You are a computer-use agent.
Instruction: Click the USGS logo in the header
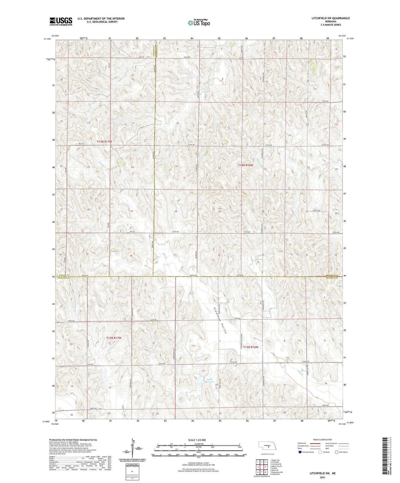point(61,21)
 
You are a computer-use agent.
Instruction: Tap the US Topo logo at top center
point(198,23)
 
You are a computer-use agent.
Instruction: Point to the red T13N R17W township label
point(105,142)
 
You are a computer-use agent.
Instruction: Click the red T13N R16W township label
point(246,165)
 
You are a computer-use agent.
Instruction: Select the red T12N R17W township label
point(114,338)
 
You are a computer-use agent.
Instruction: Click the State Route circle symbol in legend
point(337,452)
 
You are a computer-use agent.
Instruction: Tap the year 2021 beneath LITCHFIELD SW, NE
point(322,477)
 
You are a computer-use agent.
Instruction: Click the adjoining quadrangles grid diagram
point(262,468)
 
